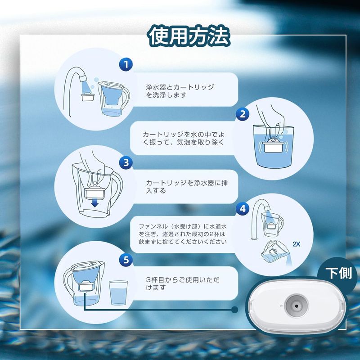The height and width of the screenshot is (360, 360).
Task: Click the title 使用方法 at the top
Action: coord(189,36)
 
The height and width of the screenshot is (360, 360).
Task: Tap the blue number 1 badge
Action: coord(126,64)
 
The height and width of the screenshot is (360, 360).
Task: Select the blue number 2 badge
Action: coord(243,114)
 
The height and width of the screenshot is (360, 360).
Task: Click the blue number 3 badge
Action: coord(126,162)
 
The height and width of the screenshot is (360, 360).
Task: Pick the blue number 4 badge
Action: coord(243,209)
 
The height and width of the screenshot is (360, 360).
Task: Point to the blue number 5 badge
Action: coord(126,260)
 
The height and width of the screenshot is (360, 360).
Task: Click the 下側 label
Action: coord(339,273)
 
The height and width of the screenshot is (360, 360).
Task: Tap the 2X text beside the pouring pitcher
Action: coord(297,244)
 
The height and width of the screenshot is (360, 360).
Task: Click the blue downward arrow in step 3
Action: coord(95,202)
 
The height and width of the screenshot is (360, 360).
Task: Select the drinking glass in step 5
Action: coord(118,293)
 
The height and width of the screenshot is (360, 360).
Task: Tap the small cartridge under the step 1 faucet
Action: coord(88,96)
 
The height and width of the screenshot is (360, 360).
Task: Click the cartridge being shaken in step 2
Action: coord(273,144)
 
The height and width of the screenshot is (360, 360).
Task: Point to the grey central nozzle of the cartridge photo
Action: coord(297,306)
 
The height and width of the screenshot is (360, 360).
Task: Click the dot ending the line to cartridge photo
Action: coord(234,310)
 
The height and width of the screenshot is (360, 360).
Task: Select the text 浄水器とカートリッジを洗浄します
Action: coord(180,91)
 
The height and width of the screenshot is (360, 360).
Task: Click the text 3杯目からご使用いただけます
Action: coord(183,283)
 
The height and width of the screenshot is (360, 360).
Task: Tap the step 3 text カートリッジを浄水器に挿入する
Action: coord(187,186)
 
